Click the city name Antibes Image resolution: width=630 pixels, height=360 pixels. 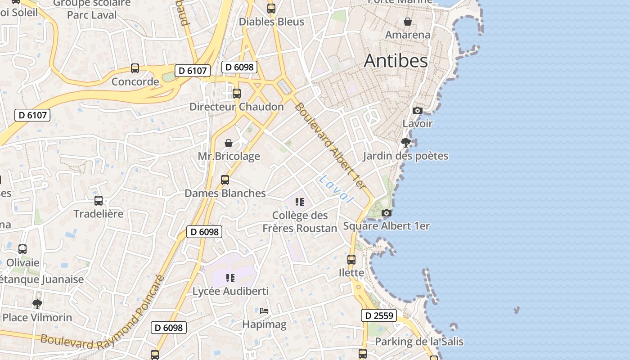point(396,61)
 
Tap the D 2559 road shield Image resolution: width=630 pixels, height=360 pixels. point(378,315)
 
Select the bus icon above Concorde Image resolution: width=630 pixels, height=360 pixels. point(135,68)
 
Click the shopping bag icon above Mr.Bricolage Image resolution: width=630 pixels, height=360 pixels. point(229,143)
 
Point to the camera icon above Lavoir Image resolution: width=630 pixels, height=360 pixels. point(417,110)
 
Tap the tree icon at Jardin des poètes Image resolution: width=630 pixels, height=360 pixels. point(405,143)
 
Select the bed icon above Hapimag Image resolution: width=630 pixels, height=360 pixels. point(264,310)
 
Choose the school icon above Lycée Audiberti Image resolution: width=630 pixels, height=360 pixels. point(230,278)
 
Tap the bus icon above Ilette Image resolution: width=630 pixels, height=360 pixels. point(351,260)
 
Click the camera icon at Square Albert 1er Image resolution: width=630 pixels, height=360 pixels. point(386,213)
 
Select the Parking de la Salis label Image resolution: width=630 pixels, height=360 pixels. point(419,342)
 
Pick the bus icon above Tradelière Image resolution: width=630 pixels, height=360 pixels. point(99,201)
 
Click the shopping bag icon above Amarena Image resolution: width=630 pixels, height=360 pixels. point(408,22)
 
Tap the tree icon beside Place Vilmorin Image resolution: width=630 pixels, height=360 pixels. point(37,304)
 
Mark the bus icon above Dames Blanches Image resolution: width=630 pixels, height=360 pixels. point(225,180)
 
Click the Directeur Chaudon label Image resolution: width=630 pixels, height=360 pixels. point(236,107)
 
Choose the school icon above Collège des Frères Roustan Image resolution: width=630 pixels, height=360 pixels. point(300,202)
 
